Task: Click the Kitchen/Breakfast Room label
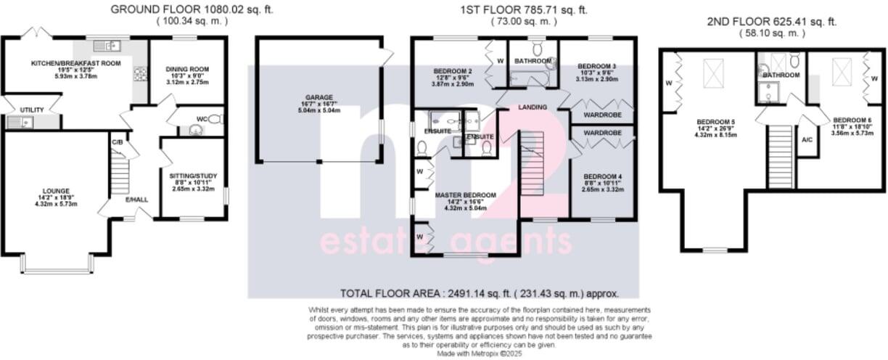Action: [x=75, y=63]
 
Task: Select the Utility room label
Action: [x=32, y=110]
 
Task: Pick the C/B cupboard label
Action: [x=116, y=142]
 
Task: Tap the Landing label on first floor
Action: [x=533, y=107]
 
